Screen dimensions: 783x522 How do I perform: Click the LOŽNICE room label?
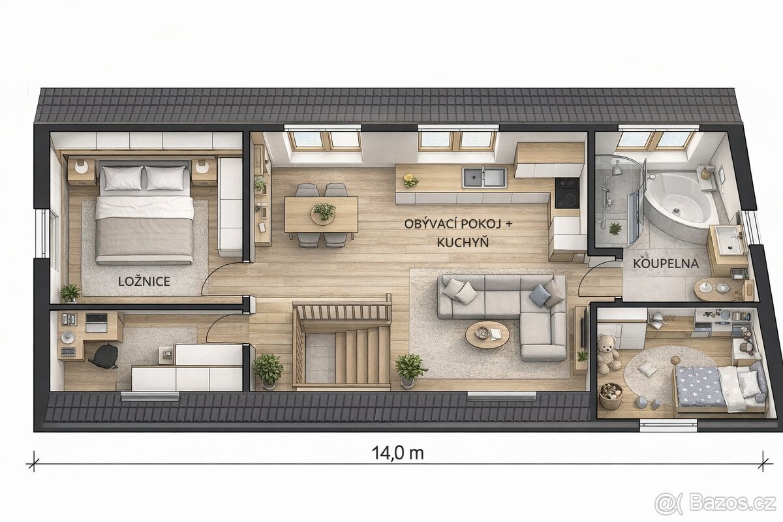pyautogui.click(x=144, y=281)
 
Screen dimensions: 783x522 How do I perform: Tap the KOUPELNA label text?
pyautogui.click(x=666, y=264)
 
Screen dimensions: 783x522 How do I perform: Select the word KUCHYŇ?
pyautogui.click(x=463, y=242)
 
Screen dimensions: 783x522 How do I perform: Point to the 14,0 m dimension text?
pyautogui.click(x=397, y=453)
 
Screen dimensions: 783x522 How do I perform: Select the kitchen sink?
pyautogui.click(x=484, y=177)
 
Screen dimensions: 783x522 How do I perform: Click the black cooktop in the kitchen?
pyautogui.click(x=567, y=193)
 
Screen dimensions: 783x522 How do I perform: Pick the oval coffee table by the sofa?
pyautogui.click(x=487, y=335)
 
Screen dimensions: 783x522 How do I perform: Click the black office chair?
pyautogui.click(x=104, y=356)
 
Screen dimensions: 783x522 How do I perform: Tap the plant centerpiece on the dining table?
pyautogui.click(x=324, y=211)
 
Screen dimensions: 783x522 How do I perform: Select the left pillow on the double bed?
pyautogui.click(x=122, y=177)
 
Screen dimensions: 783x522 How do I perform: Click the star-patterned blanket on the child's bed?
pyautogui.click(x=697, y=385)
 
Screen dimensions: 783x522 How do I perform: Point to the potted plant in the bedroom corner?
pyautogui.click(x=70, y=292)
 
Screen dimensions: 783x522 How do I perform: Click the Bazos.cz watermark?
pyautogui.click(x=717, y=504)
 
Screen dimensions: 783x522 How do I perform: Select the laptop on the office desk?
pyautogui.click(x=97, y=322)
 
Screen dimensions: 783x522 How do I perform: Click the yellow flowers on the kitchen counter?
pyautogui.click(x=410, y=180)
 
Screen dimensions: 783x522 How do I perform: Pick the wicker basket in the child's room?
pyautogui.click(x=611, y=396)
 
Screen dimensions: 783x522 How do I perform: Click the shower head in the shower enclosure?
pyautogui.click(x=617, y=170)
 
